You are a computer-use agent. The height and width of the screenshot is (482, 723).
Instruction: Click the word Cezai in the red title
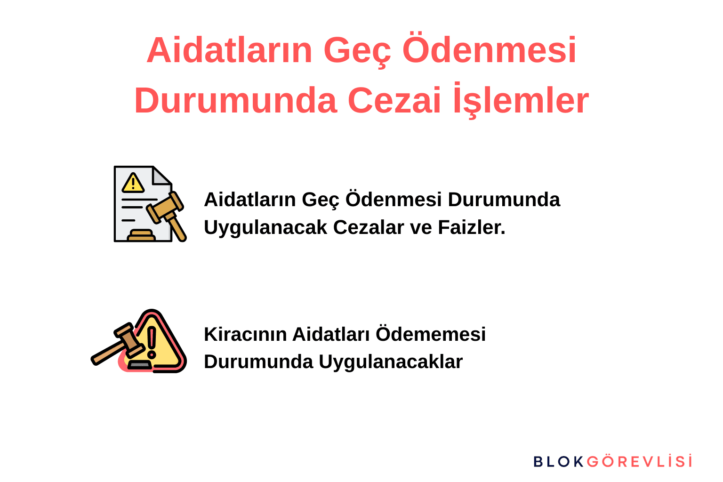[394, 100]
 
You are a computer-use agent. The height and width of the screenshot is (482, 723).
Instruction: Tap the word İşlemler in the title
[521, 100]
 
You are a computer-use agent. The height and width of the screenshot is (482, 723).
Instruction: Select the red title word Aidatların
[229, 50]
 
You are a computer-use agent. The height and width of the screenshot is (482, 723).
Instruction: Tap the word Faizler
[472, 227]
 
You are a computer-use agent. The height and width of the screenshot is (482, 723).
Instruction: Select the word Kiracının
[245, 334]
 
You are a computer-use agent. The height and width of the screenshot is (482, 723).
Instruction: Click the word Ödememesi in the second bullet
[431, 334]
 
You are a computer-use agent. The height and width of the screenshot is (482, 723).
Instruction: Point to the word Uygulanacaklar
[391, 362]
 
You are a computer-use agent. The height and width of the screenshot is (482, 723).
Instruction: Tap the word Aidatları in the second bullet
[331, 334]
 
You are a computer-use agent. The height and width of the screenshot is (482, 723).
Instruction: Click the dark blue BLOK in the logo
[558, 461]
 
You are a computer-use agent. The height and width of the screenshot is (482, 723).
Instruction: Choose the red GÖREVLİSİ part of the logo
[640, 461]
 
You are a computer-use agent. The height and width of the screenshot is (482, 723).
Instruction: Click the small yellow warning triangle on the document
[133, 183]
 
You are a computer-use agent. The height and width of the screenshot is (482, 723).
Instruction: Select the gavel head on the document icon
[165, 207]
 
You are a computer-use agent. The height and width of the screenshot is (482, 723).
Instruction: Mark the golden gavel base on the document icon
[141, 235]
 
